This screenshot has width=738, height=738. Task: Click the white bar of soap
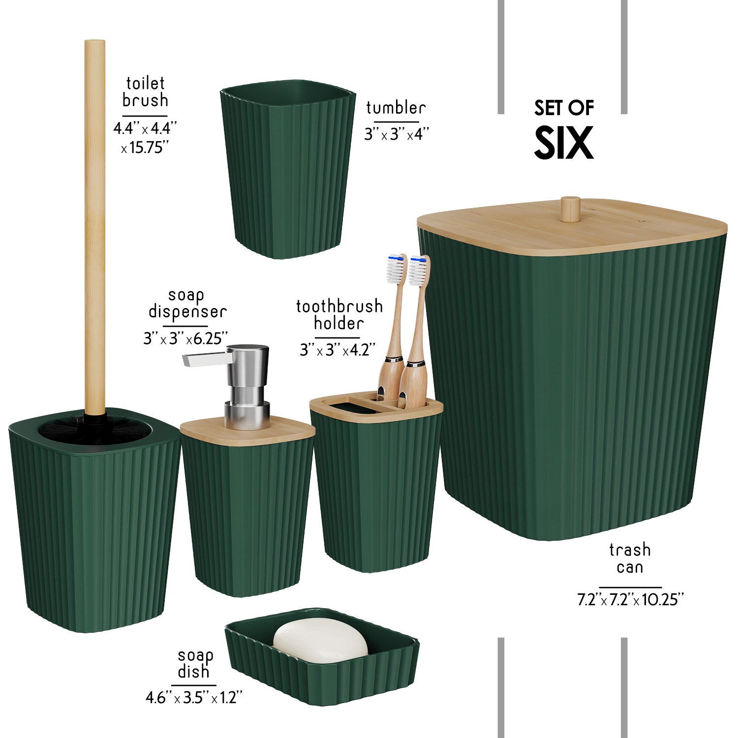320,641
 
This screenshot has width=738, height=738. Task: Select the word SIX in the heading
564,143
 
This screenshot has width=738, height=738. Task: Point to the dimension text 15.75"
145,147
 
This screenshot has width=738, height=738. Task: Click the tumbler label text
396,107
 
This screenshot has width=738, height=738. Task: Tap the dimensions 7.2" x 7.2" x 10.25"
630,599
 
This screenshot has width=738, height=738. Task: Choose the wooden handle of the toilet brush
94,226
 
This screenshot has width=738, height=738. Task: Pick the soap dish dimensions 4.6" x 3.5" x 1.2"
194,697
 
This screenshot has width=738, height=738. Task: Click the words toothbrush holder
339,315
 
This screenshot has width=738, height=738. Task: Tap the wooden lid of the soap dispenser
247,430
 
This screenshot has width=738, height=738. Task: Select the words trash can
630,558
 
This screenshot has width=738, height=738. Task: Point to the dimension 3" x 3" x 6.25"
185,338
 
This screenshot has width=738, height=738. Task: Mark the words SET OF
564,108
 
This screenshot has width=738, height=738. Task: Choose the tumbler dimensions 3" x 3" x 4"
397,134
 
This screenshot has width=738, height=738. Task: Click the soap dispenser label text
187,304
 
